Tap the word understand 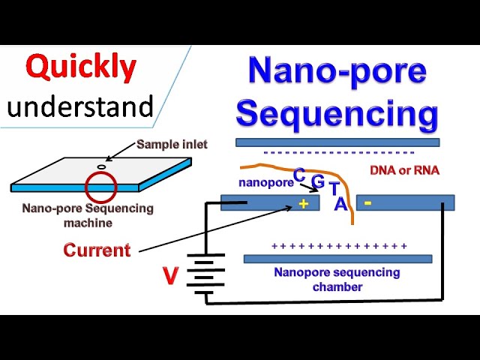[80, 107]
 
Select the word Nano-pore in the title [337, 71]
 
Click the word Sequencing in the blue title [337, 114]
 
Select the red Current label [97, 250]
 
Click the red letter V [170, 277]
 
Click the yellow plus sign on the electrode [304, 203]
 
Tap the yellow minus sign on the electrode [367, 202]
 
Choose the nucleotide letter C [298, 175]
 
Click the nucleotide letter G [318, 181]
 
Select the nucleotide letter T [334, 190]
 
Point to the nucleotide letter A [340, 204]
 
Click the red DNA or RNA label [404, 170]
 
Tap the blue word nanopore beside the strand [265, 182]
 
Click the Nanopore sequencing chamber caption [337, 279]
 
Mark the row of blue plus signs [339, 246]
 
